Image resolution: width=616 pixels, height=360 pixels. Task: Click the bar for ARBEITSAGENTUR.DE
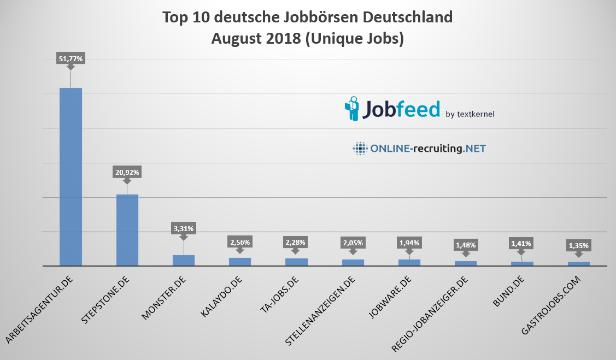[x=71, y=176]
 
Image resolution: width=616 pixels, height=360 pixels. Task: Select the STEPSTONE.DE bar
[x=127, y=230]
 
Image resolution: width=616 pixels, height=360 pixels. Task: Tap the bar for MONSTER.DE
[x=184, y=260]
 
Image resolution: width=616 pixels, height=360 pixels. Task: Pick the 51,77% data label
[x=71, y=58]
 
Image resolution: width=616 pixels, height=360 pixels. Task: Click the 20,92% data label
[x=127, y=172]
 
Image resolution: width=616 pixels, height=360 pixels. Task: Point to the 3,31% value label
[x=184, y=229]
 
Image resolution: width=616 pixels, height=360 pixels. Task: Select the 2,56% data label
[x=240, y=242]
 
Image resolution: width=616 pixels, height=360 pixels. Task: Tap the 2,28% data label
[x=296, y=242]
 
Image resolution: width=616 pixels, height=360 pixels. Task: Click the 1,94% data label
[x=409, y=243]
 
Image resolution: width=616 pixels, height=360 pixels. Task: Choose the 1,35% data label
[x=578, y=246]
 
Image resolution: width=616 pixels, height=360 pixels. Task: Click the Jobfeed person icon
[x=351, y=108]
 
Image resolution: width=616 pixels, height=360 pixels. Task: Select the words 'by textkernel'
[x=470, y=114]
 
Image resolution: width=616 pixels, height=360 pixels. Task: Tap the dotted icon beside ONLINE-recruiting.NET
[x=360, y=148]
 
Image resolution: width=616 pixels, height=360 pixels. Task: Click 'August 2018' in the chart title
[x=255, y=39]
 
